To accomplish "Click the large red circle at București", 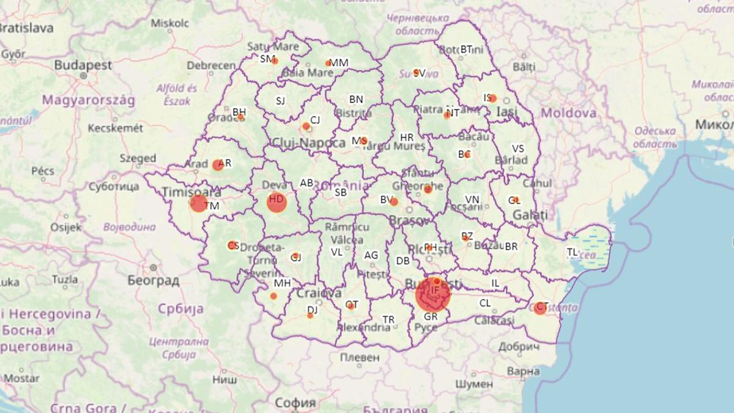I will pyautogui.click(x=433, y=294).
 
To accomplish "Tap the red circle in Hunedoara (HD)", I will pyautogui.click(x=276, y=203).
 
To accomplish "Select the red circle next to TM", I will pyautogui.click(x=198, y=203).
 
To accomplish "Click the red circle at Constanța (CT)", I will pyautogui.click(x=539, y=308).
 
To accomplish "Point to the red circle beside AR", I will pyautogui.click(x=218, y=165).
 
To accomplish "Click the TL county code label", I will pyautogui.click(x=572, y=251).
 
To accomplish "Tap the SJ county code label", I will pyautogui.click(x=280, y=101).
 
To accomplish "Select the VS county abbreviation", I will pyautogui.click(x=518, y=149).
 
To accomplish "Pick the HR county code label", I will pyautogui.click(x=407, y=138).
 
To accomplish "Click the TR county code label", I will pyautogui.click(x=388, y=319).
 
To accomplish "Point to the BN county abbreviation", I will pyautogui.click(x=356, y=99).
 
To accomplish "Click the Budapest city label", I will pyautogui.click(x=83, y=65).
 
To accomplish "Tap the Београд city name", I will pyautogui.click(x=153, y=281).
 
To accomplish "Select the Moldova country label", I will pyautogui.click(x=568, y=113).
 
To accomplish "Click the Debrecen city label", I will pyautogui.click(x=211, y=65).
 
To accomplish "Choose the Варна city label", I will pyautogui.click(x=524, y=371).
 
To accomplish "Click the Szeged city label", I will pyautogui.click(x=138, y=158).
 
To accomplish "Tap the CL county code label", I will pyautogui.click(x=485, y=303).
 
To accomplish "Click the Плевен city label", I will pyautogui.click(x=360, y=357).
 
